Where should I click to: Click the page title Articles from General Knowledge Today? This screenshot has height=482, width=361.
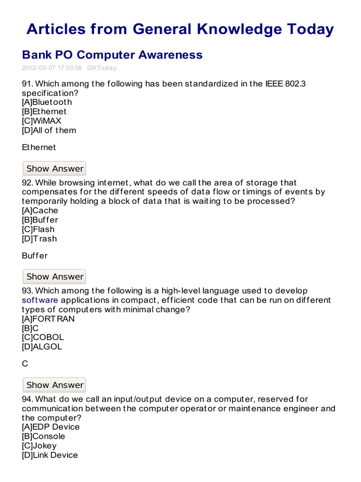(x=180, y=29)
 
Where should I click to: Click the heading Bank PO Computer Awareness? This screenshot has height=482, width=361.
(x=112, y=55)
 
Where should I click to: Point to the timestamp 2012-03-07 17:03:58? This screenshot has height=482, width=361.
(x=52, y=68)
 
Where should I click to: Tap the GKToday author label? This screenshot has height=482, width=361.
(x=102, y=68)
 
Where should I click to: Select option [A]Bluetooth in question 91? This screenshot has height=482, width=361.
(x=47, y=102)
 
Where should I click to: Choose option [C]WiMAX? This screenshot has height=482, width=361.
(x=41, y=121)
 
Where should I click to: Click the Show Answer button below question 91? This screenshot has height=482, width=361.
(x=55, y=169)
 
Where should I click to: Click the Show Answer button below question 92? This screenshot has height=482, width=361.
(x=55, y=277)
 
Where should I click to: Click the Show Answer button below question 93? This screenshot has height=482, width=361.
(x=55, y=385)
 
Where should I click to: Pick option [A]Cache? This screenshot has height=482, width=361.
(x=40, y=210)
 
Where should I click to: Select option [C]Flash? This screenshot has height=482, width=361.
(x=38, y=229)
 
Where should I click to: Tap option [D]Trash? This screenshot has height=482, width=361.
(x=39, y=239)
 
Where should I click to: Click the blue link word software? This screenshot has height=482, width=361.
(x=40, y=300)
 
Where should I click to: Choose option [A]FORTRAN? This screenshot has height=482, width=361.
(x=48, y=319)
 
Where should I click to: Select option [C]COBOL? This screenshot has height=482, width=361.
(x=43, y=337)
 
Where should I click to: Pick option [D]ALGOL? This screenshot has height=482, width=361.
(x=42, y=347)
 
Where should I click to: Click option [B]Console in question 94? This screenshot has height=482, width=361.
(x=43, y=436)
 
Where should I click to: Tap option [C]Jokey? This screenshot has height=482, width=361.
(x=39, y=446)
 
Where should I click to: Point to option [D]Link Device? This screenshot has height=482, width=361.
(x=50, y=455)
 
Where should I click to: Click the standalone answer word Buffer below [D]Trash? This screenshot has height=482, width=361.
(x=35, y=256)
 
